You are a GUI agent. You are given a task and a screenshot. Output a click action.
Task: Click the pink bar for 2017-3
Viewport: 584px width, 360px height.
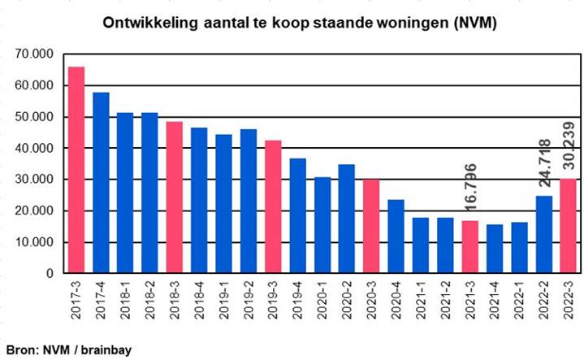pyautogui.click(x=76, y=170)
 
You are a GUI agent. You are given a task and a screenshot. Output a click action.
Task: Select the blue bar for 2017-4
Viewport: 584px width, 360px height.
pyautogui.click(x=101, y=183)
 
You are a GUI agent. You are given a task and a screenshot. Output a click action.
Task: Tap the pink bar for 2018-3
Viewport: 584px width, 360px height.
pyautogui.click(x=175, y=197)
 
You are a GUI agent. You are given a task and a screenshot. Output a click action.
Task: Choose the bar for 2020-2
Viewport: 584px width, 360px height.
pyautogui.click(x=347, y=219)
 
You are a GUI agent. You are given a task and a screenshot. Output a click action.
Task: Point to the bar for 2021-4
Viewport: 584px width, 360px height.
pyautogui.click(x=494, y=249)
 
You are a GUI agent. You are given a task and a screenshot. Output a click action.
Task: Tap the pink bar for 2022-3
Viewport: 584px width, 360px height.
pyautogui.click(x=568, y=226)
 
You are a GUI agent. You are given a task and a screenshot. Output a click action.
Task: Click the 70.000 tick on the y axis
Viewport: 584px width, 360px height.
pyautogui.click(x=33, y=54)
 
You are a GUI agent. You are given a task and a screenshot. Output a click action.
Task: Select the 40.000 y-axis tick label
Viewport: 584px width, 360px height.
pyautogui.click(x=33, y=148)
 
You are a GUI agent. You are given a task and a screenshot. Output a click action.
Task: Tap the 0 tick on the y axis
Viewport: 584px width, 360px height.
pyautogui.click(x=50, y=274)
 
